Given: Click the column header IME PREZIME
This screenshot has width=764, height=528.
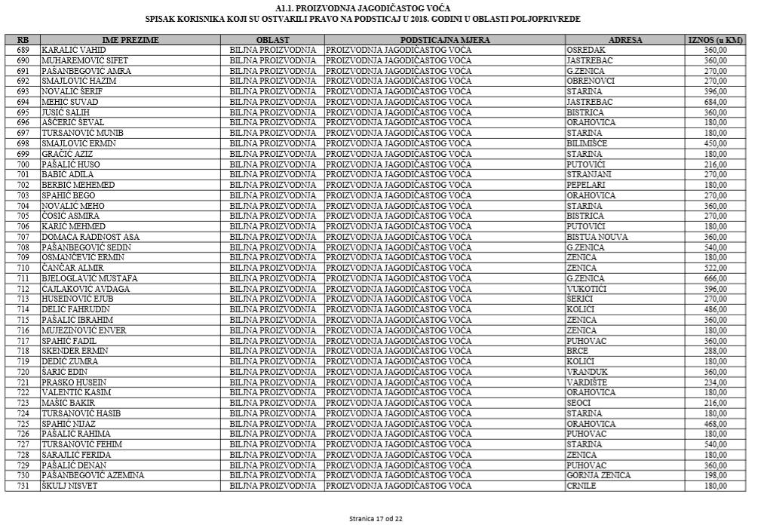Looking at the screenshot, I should pos(130,39).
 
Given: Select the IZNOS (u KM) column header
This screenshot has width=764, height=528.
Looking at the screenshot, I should pos(715,39).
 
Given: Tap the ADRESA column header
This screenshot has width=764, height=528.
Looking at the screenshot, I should pos(625,39).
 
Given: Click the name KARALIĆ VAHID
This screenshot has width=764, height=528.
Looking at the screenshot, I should pos(73,50).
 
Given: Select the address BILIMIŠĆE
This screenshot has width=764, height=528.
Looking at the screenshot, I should pos(587,143).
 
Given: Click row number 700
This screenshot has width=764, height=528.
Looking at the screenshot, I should pos(23,164).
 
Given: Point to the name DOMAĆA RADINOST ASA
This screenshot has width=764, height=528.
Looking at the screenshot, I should pos(91,237).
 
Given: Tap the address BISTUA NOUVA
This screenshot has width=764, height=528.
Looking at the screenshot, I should pos(597,237).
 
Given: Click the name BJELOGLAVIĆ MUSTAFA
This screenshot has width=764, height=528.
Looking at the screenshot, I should pos(90,278).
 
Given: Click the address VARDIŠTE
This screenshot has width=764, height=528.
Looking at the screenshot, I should pos(587,382).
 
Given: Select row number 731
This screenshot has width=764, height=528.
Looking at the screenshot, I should pos(23,486).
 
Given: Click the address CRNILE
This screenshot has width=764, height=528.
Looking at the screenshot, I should pos(581,486).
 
